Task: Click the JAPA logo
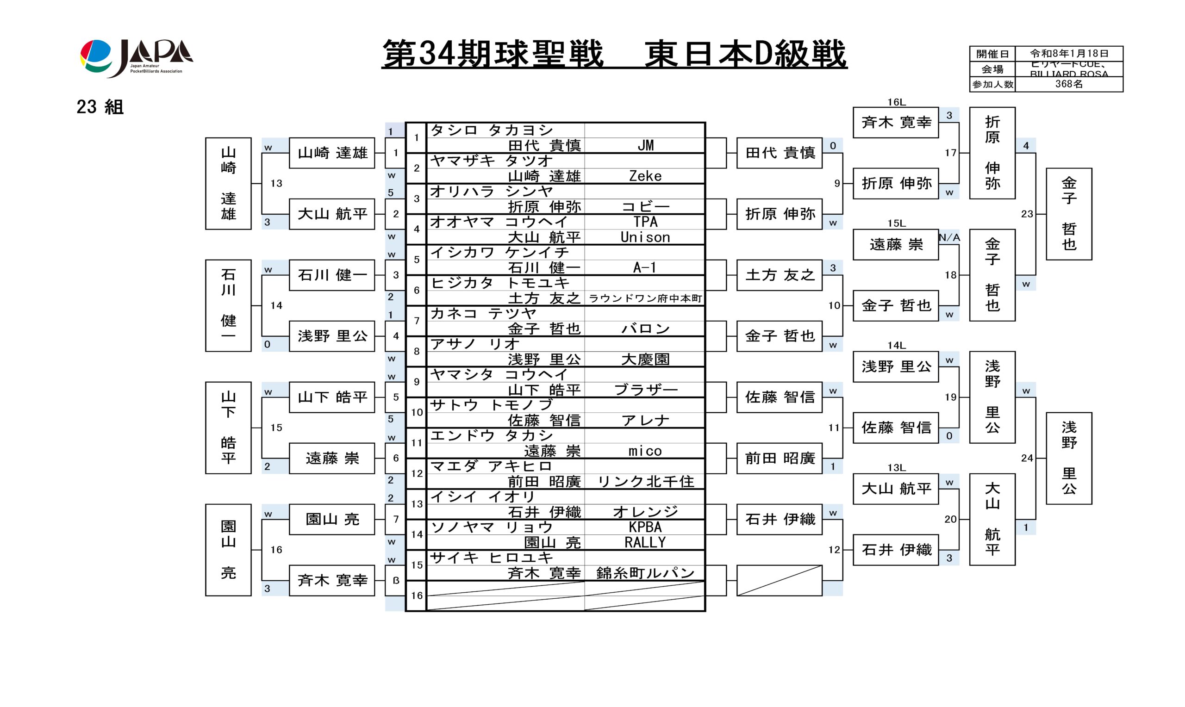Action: (136, 58)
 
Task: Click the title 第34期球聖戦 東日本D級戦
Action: (614, 54)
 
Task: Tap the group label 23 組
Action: (100, 107)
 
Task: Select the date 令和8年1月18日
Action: (1069, 53)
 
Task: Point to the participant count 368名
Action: (1069, 84)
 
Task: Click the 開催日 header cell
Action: (992, 54)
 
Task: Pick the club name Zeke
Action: (645, 176)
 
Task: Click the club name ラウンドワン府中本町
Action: (645, 299)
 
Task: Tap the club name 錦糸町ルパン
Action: (645, 573)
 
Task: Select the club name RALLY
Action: (645, 543)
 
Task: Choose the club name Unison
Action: (645, 237)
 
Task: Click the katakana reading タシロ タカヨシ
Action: (492, 130)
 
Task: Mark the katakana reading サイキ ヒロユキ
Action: (492, 558)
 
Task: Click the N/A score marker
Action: (949, 237)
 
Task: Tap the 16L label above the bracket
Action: (896, 102)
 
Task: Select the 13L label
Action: (896, 468)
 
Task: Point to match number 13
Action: (276, 183)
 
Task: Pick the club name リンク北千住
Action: (645, 482)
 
